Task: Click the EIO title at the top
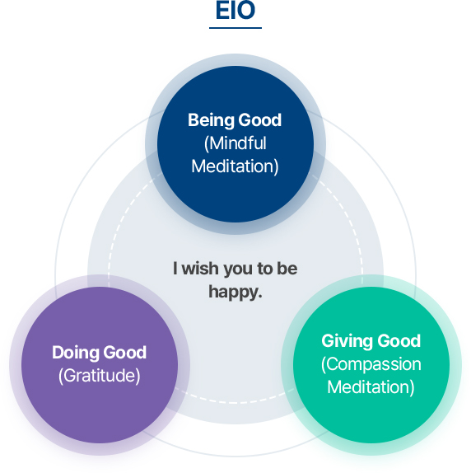point(235,10)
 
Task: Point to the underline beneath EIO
point(235,28)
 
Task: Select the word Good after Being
point(260,120)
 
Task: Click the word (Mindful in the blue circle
point(235,143)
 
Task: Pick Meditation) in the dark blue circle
point(235,166)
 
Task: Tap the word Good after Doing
point(125,353)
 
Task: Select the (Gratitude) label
point(100,376)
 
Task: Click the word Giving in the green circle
point(347,341)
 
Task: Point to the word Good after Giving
point(399,341)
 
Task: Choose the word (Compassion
point(371,364)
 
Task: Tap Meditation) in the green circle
point(371,387)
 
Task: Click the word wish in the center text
point(199,268)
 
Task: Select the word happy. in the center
point(235,293)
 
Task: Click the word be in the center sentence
point(287,268)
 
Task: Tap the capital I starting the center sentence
point(175,268)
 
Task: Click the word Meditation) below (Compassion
point(371,387)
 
